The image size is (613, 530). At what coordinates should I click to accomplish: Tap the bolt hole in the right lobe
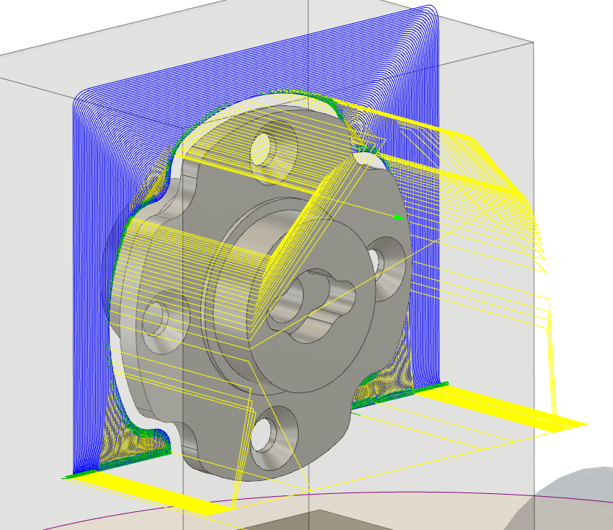click(378, 262)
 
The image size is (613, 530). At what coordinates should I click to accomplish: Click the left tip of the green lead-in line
click(65, 477)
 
